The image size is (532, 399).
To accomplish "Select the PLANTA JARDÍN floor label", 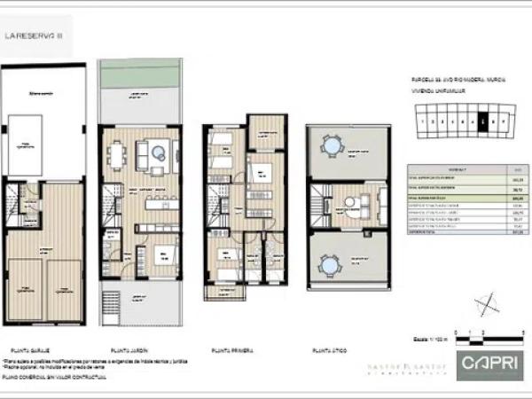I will pyautogui.click(x=127, y=348).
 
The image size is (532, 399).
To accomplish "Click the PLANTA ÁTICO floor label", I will pyautogui.click(x=328, y=348).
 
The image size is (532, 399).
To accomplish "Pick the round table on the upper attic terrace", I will pyautogui.click(x=332, y=144).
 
